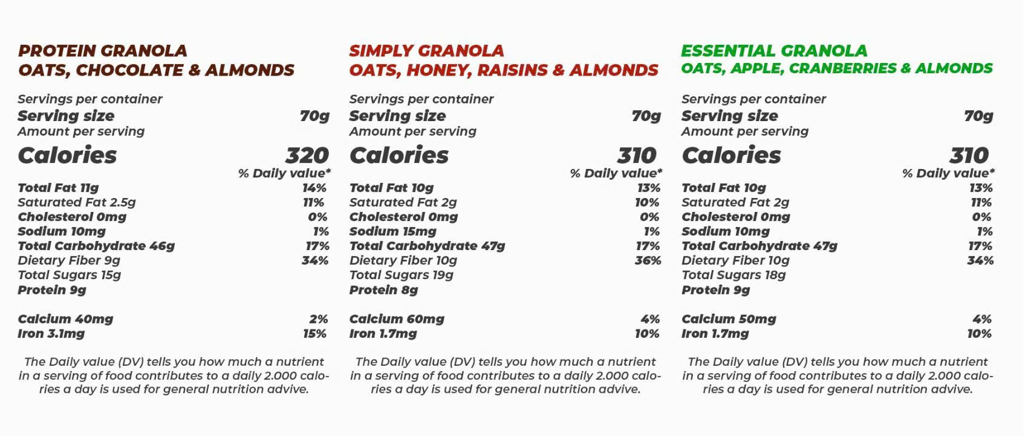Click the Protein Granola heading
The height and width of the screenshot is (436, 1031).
coord(102,51)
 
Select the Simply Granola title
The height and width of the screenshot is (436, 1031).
coord(426,51)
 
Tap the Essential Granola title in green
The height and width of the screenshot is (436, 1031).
coord(774,51)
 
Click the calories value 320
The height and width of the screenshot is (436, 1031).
coord(307,156)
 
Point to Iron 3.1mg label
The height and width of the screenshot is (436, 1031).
coord(51,334)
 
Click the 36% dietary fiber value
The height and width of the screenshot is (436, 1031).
coord(648,260)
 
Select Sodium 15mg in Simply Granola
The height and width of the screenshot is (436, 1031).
coord(392,231)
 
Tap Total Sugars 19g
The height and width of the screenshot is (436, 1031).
coord(401,275)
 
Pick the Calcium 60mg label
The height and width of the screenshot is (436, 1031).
coord(397,319)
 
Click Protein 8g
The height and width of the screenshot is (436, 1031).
coord(383,290)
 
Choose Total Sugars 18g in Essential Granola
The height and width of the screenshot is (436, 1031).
coord(733,275)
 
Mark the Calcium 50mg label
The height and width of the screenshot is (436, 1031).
coord(729,319)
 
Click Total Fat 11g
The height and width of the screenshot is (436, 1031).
coord(58,188)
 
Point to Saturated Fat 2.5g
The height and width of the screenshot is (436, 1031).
coord(77,202)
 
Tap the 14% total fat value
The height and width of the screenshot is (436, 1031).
coord(314,188)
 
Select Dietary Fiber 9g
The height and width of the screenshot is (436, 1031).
coord(69,260)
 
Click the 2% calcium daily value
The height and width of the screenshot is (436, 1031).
coord(318,319)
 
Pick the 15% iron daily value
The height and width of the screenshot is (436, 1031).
coord(314,334)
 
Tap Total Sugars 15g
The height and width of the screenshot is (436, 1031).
coord(70,275)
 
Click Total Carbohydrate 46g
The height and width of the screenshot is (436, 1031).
coord(96,246)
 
